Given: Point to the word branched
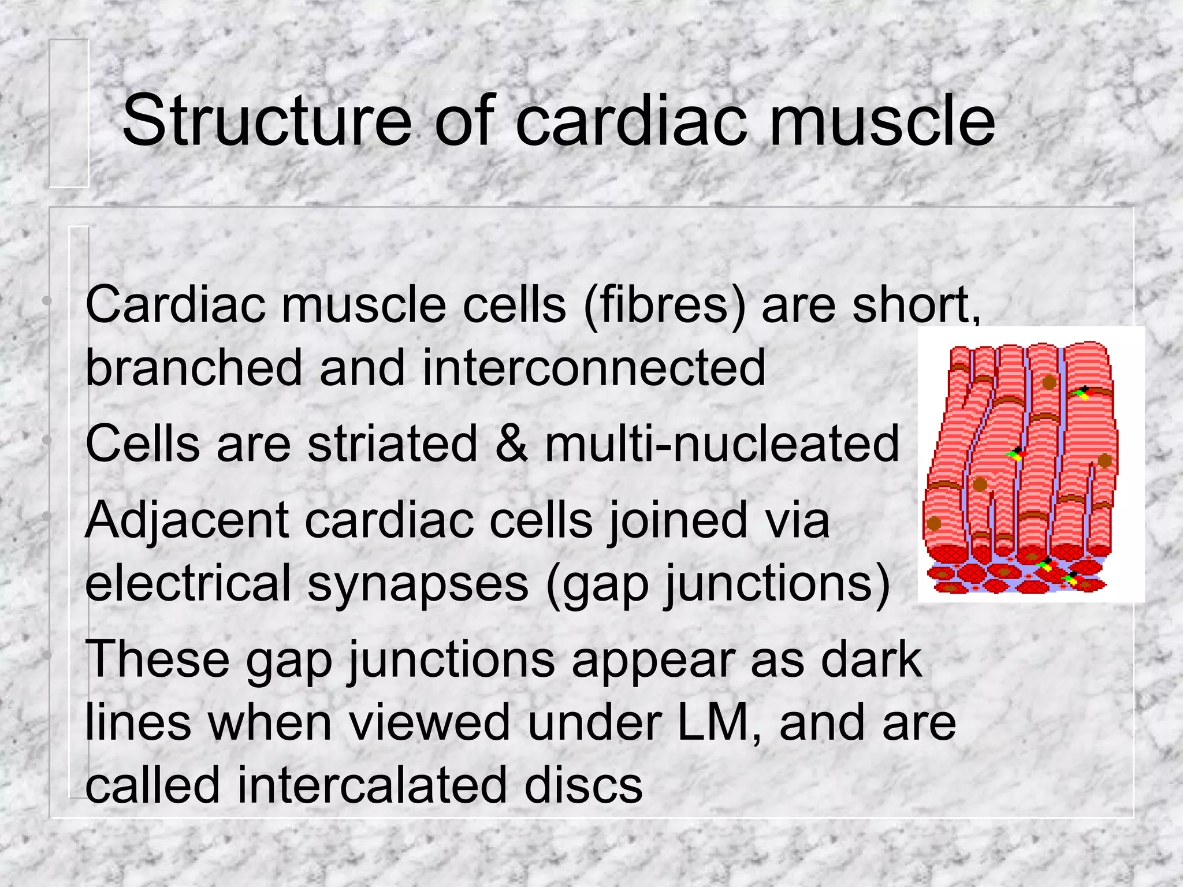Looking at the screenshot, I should point(194,367).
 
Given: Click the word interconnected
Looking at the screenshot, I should point(594,367).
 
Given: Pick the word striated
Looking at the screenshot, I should point(393,443).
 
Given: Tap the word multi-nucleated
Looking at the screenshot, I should point(722,443).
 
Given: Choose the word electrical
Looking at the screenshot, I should point(188,583).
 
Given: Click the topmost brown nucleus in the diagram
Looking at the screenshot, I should point(1049,382).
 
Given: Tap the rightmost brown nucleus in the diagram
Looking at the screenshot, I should point(1104,461).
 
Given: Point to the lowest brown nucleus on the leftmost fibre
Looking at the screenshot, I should point(934,524).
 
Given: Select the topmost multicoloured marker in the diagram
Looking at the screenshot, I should point(1081,394).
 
